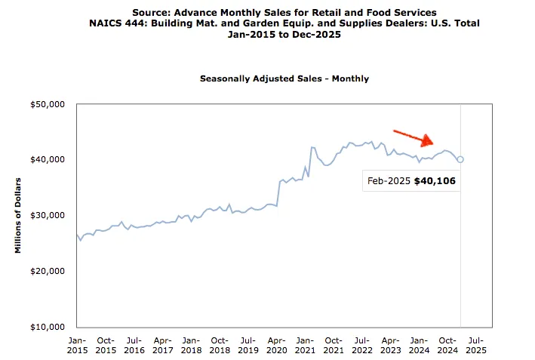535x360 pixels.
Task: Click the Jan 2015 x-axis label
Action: point(77,344)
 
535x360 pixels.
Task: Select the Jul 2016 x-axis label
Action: point(134,344)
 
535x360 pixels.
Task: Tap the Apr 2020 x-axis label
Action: point(277,344)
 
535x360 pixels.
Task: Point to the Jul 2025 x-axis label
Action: point(476,344)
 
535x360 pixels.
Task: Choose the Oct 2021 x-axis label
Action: point(334,344)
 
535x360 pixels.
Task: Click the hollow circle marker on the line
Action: point(460,159)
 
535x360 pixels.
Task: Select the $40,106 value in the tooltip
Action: point(435,182)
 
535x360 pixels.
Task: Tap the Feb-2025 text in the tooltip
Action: point(389,182)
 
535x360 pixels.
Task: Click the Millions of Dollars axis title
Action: point(18,215)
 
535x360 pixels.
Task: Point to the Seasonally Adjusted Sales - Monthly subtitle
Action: point(284,78)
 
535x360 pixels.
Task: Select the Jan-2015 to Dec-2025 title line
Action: point(284,34)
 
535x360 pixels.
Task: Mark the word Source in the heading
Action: point(151,13)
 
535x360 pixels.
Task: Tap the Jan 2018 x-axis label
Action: point(191,344)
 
